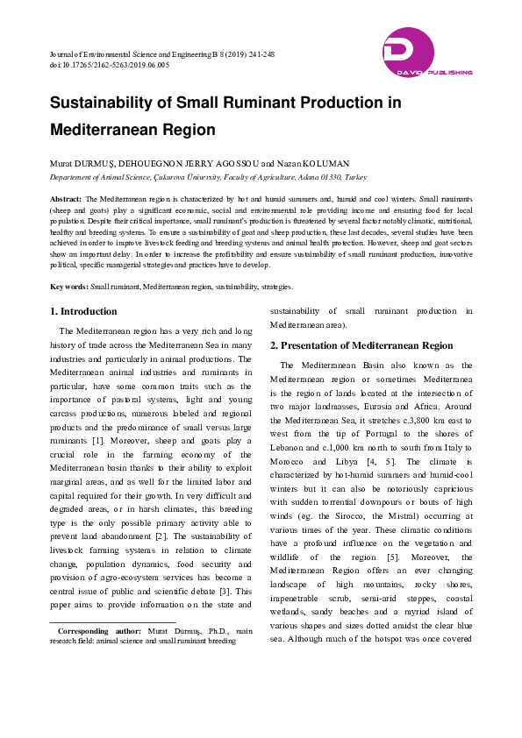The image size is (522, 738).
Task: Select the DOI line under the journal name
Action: pyautogui.click(x=110, y=65)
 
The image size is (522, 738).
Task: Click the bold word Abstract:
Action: pyautogui.click(x=66, y=200)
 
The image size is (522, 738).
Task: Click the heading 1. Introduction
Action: pyautogui.click(x=83, y=311)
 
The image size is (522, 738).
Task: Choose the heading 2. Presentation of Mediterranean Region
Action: pyautogui.click(x=361, y=345)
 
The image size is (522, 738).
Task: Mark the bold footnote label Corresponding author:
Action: pyautogui.click(x=98, y=630)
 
